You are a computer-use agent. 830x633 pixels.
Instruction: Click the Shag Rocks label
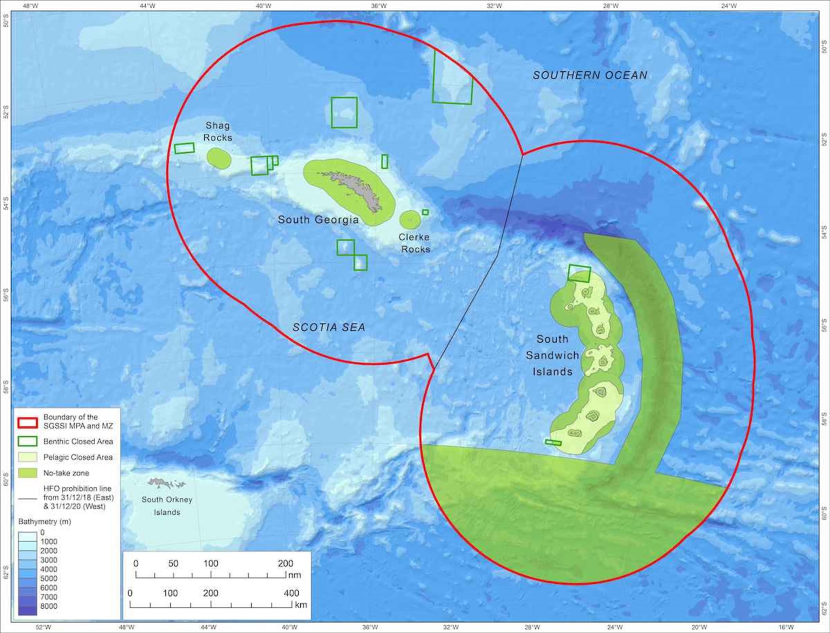coord(218,132)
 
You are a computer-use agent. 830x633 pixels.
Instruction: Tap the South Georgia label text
coord(318,220)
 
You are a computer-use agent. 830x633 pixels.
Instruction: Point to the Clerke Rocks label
coord(414,243)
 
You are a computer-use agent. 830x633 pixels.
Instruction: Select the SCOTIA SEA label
coord(329,327)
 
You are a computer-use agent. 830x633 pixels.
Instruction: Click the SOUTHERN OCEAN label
coord(590,75)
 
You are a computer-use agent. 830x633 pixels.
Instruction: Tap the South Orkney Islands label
coord(167,506)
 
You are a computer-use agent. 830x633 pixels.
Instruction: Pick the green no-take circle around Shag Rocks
coord(219,158)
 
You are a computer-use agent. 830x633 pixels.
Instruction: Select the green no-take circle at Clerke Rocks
coord(410,220)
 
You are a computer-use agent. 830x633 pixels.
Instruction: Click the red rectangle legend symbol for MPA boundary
coord(28,422)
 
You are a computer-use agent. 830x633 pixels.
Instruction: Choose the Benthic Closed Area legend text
coord(78,441)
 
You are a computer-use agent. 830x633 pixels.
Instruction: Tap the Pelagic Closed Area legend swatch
coord(28,457)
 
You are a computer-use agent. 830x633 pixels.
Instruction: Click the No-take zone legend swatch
coord(28,473)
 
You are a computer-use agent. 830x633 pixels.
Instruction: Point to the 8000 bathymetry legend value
coord(49,606)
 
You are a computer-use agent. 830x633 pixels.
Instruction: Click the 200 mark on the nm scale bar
coord(285,563)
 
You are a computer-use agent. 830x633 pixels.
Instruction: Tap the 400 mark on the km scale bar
coord(291,593)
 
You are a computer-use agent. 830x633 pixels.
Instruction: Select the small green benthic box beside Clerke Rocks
coord(425,212)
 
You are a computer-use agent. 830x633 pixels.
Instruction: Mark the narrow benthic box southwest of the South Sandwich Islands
coord(553,443)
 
